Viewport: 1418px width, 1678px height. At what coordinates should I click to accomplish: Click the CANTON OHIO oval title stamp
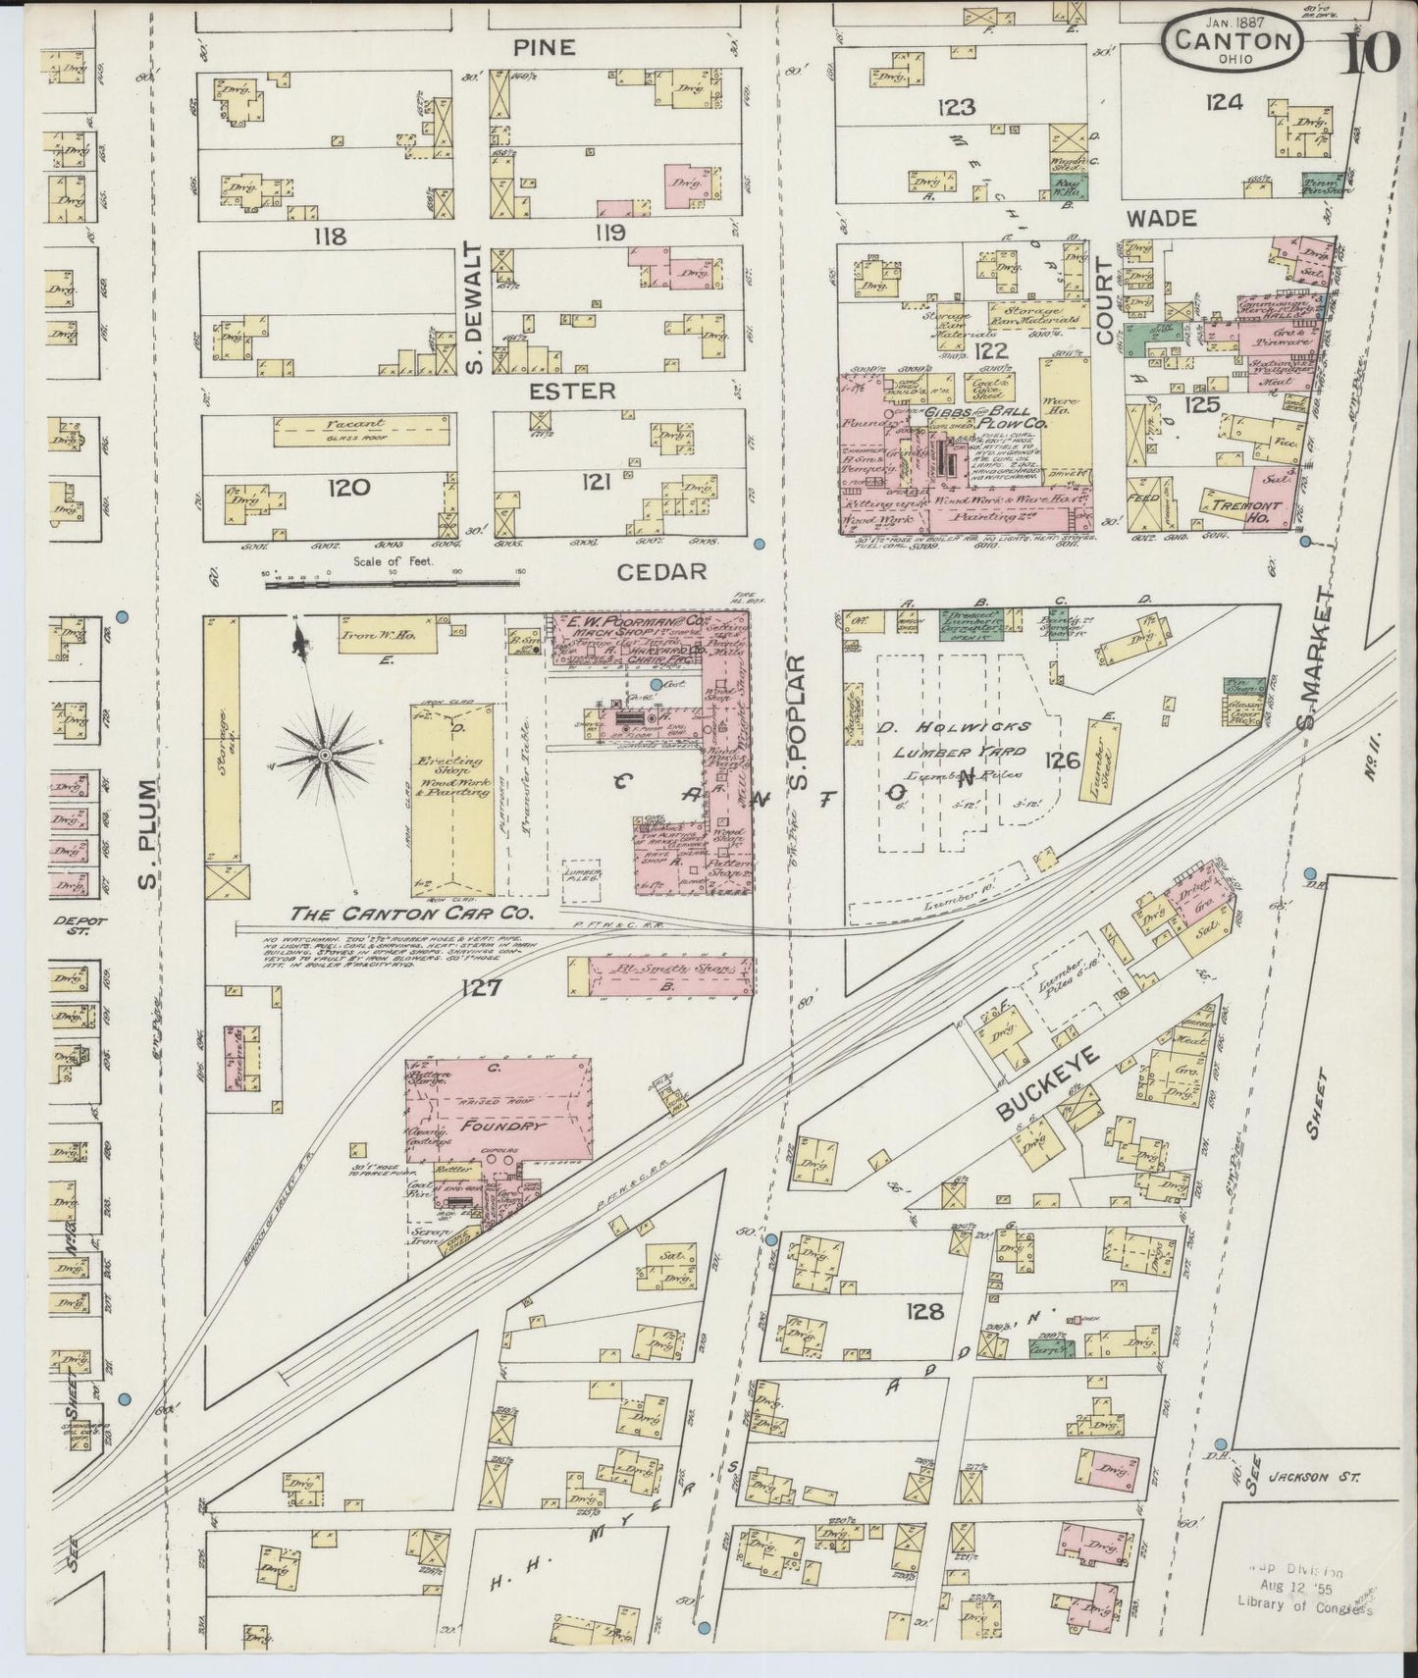(x=1234, y=42)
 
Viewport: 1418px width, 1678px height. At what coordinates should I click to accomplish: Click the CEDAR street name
(x=661, y=571)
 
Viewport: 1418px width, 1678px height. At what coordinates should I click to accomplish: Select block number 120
(x=347, y=487)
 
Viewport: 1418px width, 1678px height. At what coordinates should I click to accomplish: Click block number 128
(x=924, y=1311)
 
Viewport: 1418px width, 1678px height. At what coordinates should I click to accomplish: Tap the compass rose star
(x=324, y=754)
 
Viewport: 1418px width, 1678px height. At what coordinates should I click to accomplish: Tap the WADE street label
(x=1161, y=217)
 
